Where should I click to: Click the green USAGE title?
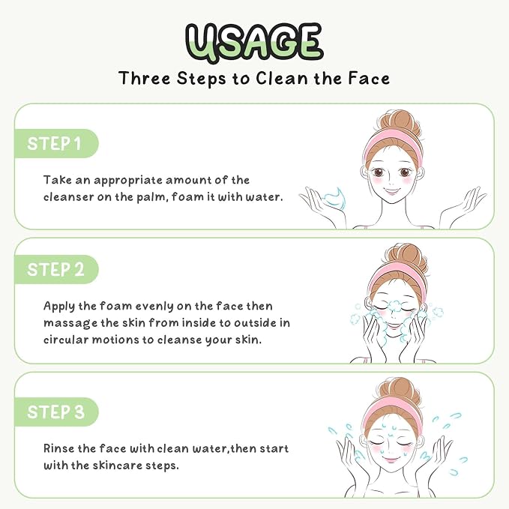pyautogui.click(x=254, y=43)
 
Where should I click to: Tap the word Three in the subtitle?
pyautogui.click(x=145, y=78)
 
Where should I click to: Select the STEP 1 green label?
pyautogui.click(x=56, y=143)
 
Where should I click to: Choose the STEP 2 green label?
pyautogui.click(x=56, y=269)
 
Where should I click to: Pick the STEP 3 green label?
pyautogui.click(x=56, y=412)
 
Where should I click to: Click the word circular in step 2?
pyautogui.click(x=66, y=340)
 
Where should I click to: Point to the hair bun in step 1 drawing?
pyautogui.click(x=401, y=124)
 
